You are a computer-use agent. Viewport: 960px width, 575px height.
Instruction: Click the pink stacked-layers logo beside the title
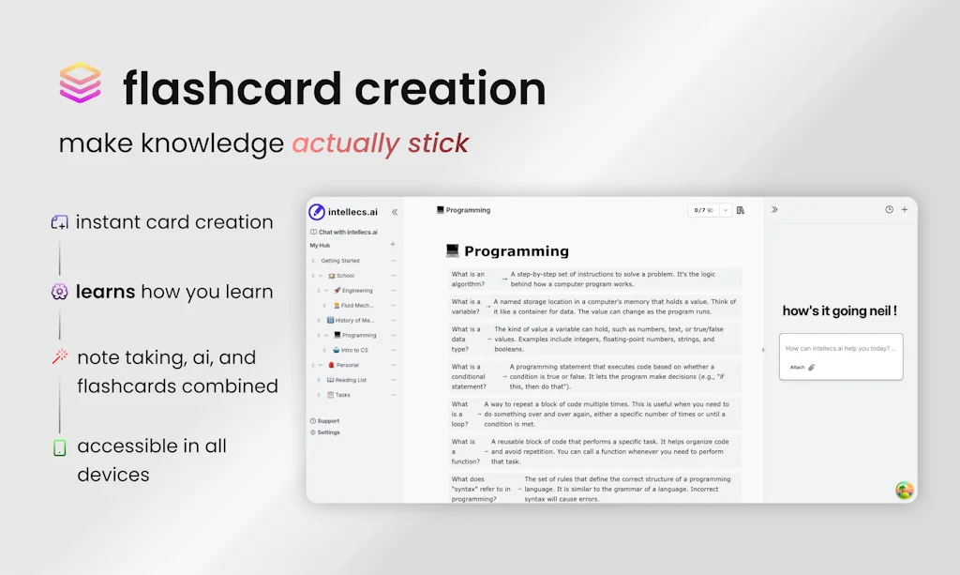coord(80,83)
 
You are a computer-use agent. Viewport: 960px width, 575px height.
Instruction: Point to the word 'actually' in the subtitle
coord(345,144)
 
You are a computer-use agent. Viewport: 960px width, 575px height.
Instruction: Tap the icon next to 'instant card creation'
coord(60,222)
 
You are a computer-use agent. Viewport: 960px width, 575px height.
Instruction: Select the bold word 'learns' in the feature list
coord(106,292)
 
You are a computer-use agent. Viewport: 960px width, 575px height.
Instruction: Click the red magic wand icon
coord(60,357)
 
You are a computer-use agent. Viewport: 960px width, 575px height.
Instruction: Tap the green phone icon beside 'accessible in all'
coord(60,447)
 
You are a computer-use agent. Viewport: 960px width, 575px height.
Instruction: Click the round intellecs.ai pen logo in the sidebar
coord(317,212)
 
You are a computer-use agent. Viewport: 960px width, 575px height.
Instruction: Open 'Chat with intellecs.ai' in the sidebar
coord(348,232)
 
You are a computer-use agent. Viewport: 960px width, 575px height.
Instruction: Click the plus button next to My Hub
coord(393,245)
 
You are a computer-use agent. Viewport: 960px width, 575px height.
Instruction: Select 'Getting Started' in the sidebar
coord(340,261)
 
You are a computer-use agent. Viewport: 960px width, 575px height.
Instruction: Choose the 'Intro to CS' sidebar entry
coord(354,350)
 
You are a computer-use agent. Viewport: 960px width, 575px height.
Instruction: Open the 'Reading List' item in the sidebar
coord(352,380)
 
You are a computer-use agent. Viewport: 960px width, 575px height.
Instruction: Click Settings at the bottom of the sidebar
coord(328,432)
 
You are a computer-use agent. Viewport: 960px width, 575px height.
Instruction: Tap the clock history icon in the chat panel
coord(889,210)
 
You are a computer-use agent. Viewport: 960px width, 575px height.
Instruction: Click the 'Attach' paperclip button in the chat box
coord(802,368)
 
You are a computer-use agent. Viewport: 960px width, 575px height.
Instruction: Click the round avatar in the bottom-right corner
coord(904,490)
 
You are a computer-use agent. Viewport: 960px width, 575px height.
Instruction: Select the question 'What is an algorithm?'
coord(469,279)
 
